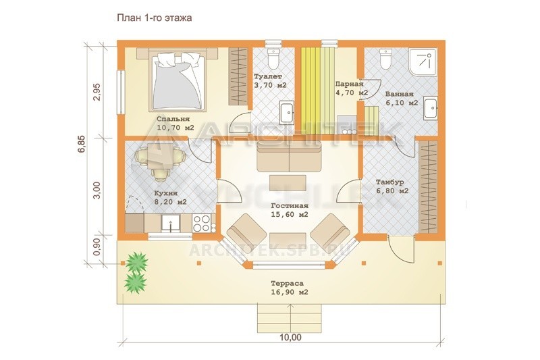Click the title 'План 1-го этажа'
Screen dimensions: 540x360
pyautogui.click(x=154, y=18)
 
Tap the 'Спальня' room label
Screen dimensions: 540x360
pyautogui.click(x=173, y=119)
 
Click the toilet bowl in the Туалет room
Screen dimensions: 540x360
pyautogui.click(x=274, y=59)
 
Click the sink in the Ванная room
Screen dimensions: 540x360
pyautogui.click(x=430, y=108)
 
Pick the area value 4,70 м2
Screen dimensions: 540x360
pyautogui.click(x=351, y=93)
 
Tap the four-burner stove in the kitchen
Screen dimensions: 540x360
pyautogui.click(x=201, y=223)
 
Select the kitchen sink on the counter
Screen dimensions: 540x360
pyautogui.click(x=171, y=223)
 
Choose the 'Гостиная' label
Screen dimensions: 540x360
pyautogui.click(x=290, y=206)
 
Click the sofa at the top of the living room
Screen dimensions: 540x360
pyautogui.click(x=289, y=157)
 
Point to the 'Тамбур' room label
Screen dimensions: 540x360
pyautogui.click(x=390, y=182)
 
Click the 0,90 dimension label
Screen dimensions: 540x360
pyautogui.click(x=97, y=247)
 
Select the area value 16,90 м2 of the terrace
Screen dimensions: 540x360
pyautogui.click(x=290, y=292)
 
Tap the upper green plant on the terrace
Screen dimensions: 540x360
pyautogui.click(x=137, y=263)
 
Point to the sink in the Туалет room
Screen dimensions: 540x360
pyautogui.click(x=286, y=112)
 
